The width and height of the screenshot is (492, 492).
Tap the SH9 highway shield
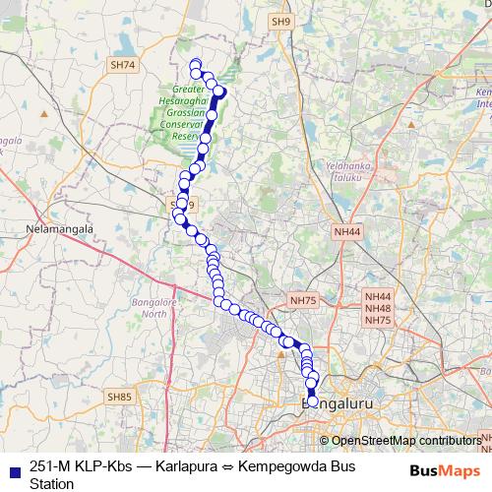283,21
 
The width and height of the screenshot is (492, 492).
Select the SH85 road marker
119,396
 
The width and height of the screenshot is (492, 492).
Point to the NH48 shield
378,308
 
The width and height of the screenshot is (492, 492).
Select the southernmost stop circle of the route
313,401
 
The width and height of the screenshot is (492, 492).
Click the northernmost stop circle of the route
195,65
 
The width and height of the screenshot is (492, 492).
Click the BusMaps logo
444,470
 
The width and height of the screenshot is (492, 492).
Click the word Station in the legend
52,484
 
